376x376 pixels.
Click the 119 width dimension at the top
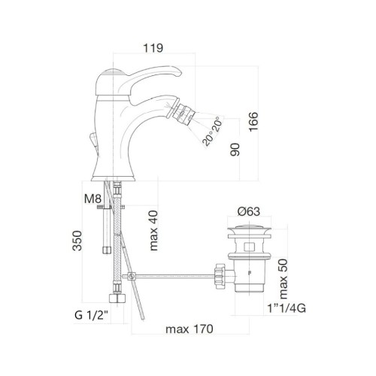tap(153, 48)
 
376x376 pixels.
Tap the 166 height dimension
tap(253, 122)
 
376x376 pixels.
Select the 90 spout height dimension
tap(235, 150)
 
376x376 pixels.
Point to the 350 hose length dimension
tap(77, 241)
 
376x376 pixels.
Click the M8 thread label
tap(92, 199)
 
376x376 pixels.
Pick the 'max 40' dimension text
tap(153, 231)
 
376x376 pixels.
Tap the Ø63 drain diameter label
tap(249, 212)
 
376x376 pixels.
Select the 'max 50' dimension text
tap(283, 279)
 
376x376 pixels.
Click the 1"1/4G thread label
tap(287, 308)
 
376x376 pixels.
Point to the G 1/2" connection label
tap(91, 315)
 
